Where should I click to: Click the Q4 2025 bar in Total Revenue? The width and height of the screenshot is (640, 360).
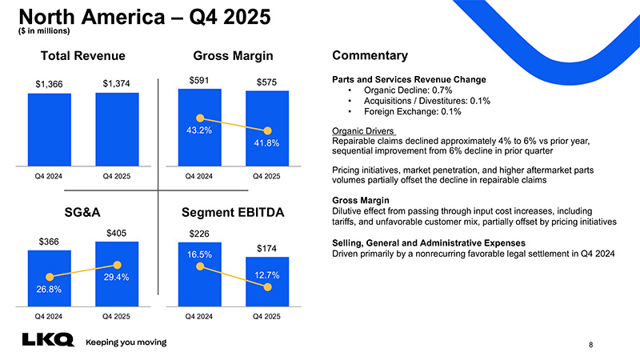[x=117, y=128]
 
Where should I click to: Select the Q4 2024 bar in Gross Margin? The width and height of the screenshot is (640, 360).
[x=199, y=128]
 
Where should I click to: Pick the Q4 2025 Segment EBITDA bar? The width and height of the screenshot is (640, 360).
[x=266, y=282]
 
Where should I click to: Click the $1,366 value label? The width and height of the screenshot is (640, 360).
[x=50, y=84]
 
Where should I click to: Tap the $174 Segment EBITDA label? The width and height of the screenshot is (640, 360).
[x=266, y=249]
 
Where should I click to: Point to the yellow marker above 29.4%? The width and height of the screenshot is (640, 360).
[x=118, y=264]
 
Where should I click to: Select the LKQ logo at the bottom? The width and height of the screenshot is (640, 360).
[x=46, y=342]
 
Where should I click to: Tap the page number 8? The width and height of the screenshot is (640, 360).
[x=590, y=345]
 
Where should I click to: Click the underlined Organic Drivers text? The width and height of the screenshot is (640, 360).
[x=363, y=131]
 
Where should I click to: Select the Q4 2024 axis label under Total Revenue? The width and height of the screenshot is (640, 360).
[x=50, y=176]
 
